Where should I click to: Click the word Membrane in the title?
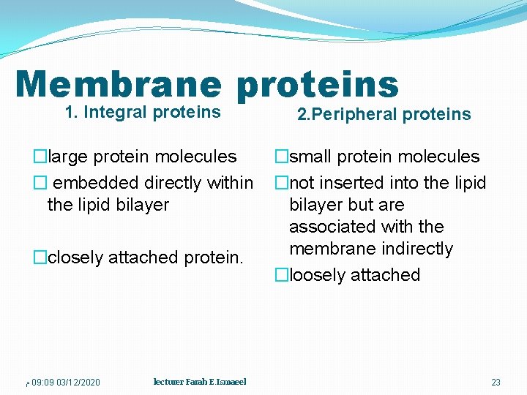coord(118,84)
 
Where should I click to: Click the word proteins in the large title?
coord(317,84)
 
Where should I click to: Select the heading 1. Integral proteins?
coord(143,112)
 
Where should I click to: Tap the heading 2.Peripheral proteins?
coord(384,114)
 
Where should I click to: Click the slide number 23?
coord(496,383)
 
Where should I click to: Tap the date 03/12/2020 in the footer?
coord(78,383)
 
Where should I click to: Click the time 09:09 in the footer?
coord(42,383)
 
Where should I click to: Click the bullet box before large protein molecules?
coord(39,157)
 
